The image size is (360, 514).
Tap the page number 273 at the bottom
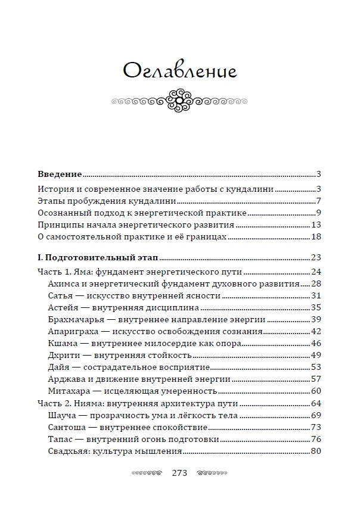click(x=179, y=473)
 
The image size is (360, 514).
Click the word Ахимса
click(x=63, y=284)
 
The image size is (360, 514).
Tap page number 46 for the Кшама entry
click(x=316, y=343)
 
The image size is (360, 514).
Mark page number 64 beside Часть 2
click(x=316, y=403)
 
